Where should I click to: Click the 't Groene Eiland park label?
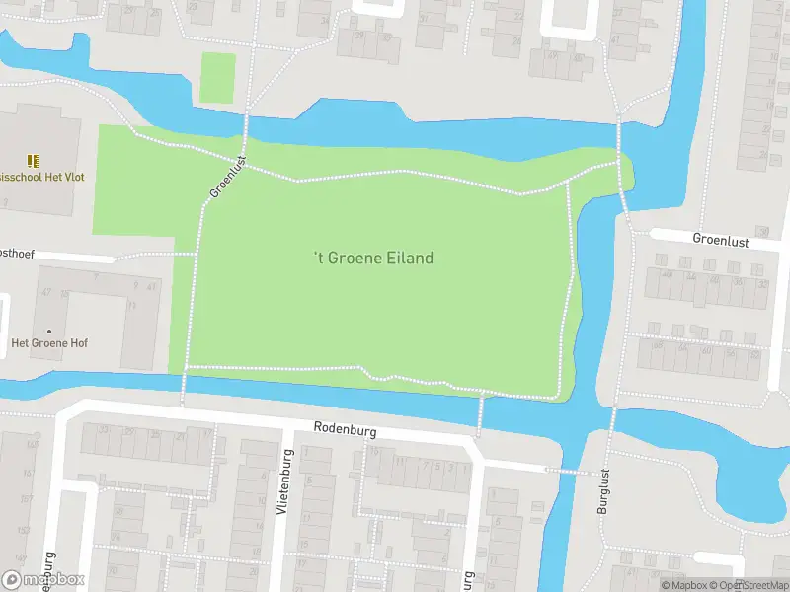pyautogui.click(x=373, y=258)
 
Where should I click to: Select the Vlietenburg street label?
pyautogui.click(x=283, y=482)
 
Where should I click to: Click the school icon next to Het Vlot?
pyautogui.click(x=33, y=160)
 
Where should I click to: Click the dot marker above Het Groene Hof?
pyautogui.click(x=48, y=331)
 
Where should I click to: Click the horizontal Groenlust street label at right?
pyautogui.click(x=722, y=239)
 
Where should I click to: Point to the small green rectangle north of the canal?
pyautogui.click(x=217, y=78)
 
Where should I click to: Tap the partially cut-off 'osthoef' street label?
pyautogui.click(x=17, y=254)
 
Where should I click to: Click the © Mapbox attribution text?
pyautogui.click(x=685, y=585)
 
